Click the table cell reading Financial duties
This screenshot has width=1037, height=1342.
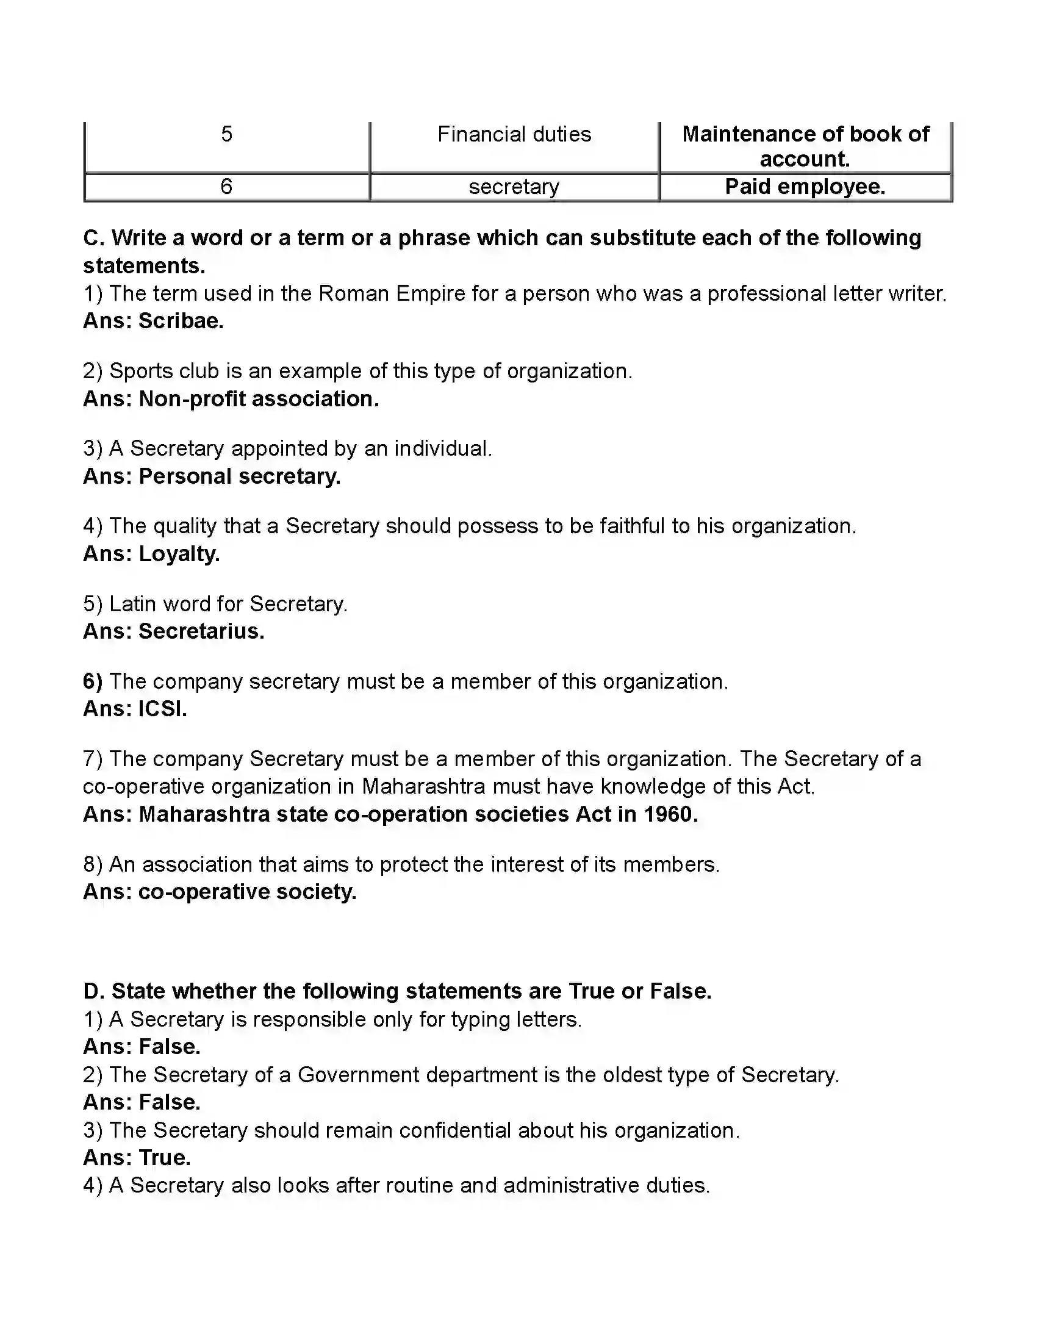tap(514, 134)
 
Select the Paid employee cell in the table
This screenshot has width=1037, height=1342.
tap(805, 187)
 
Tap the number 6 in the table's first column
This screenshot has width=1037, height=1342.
tap(226, 187)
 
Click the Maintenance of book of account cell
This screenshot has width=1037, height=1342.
tap(805, 146)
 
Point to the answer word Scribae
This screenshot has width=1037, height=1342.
tap(181, 321)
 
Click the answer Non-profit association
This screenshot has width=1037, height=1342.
tap(259, 399)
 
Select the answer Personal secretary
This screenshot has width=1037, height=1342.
tap(240, 476)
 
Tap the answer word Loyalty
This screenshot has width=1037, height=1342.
tap(179, 554)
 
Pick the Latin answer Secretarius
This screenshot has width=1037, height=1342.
tap(201, 631)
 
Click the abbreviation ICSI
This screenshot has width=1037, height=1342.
tap(163, 708)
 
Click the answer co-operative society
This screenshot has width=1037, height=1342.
tap(247, 892)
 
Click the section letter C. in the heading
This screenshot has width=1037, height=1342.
tap(93, 238)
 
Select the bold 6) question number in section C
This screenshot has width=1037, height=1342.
tap(93, 681)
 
